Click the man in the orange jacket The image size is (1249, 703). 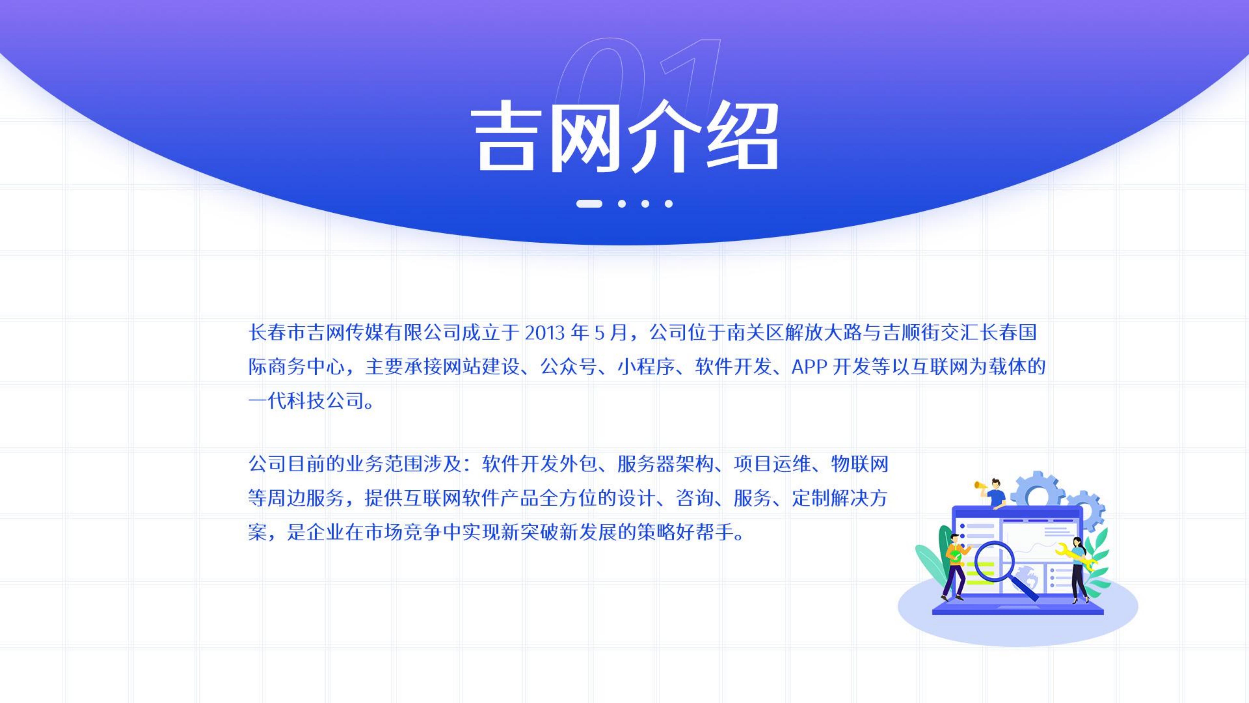point(954,568)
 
